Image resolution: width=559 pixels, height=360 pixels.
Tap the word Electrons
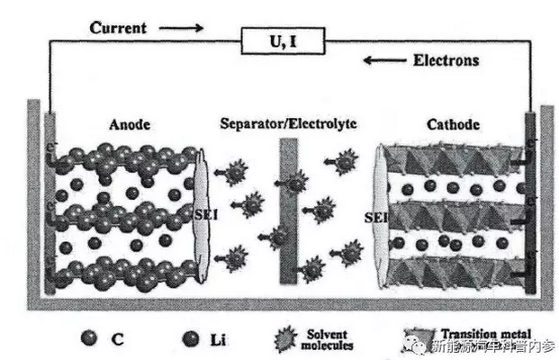(x=446, y=61)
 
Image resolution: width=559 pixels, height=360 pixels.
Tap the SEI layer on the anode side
(x=202, y=216)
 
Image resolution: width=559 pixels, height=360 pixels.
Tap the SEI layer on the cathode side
(x=382, y=216)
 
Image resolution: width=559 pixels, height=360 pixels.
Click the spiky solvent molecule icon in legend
(x=285, y=338)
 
